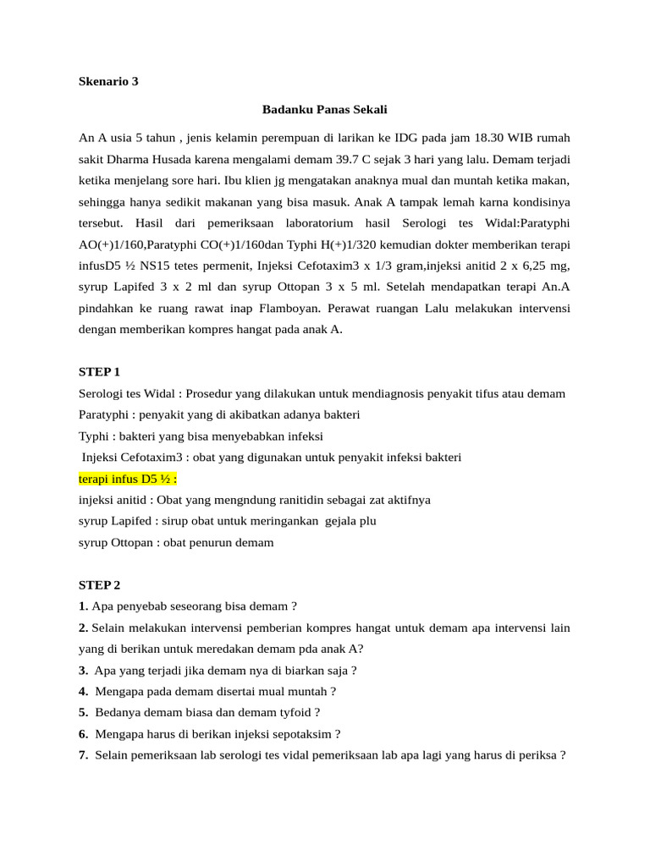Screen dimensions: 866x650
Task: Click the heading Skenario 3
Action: (107, 82)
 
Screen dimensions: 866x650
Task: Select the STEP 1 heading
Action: (100, 371)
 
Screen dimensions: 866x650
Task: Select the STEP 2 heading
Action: (100, 584)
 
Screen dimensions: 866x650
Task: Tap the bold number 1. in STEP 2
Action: (83, 606)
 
